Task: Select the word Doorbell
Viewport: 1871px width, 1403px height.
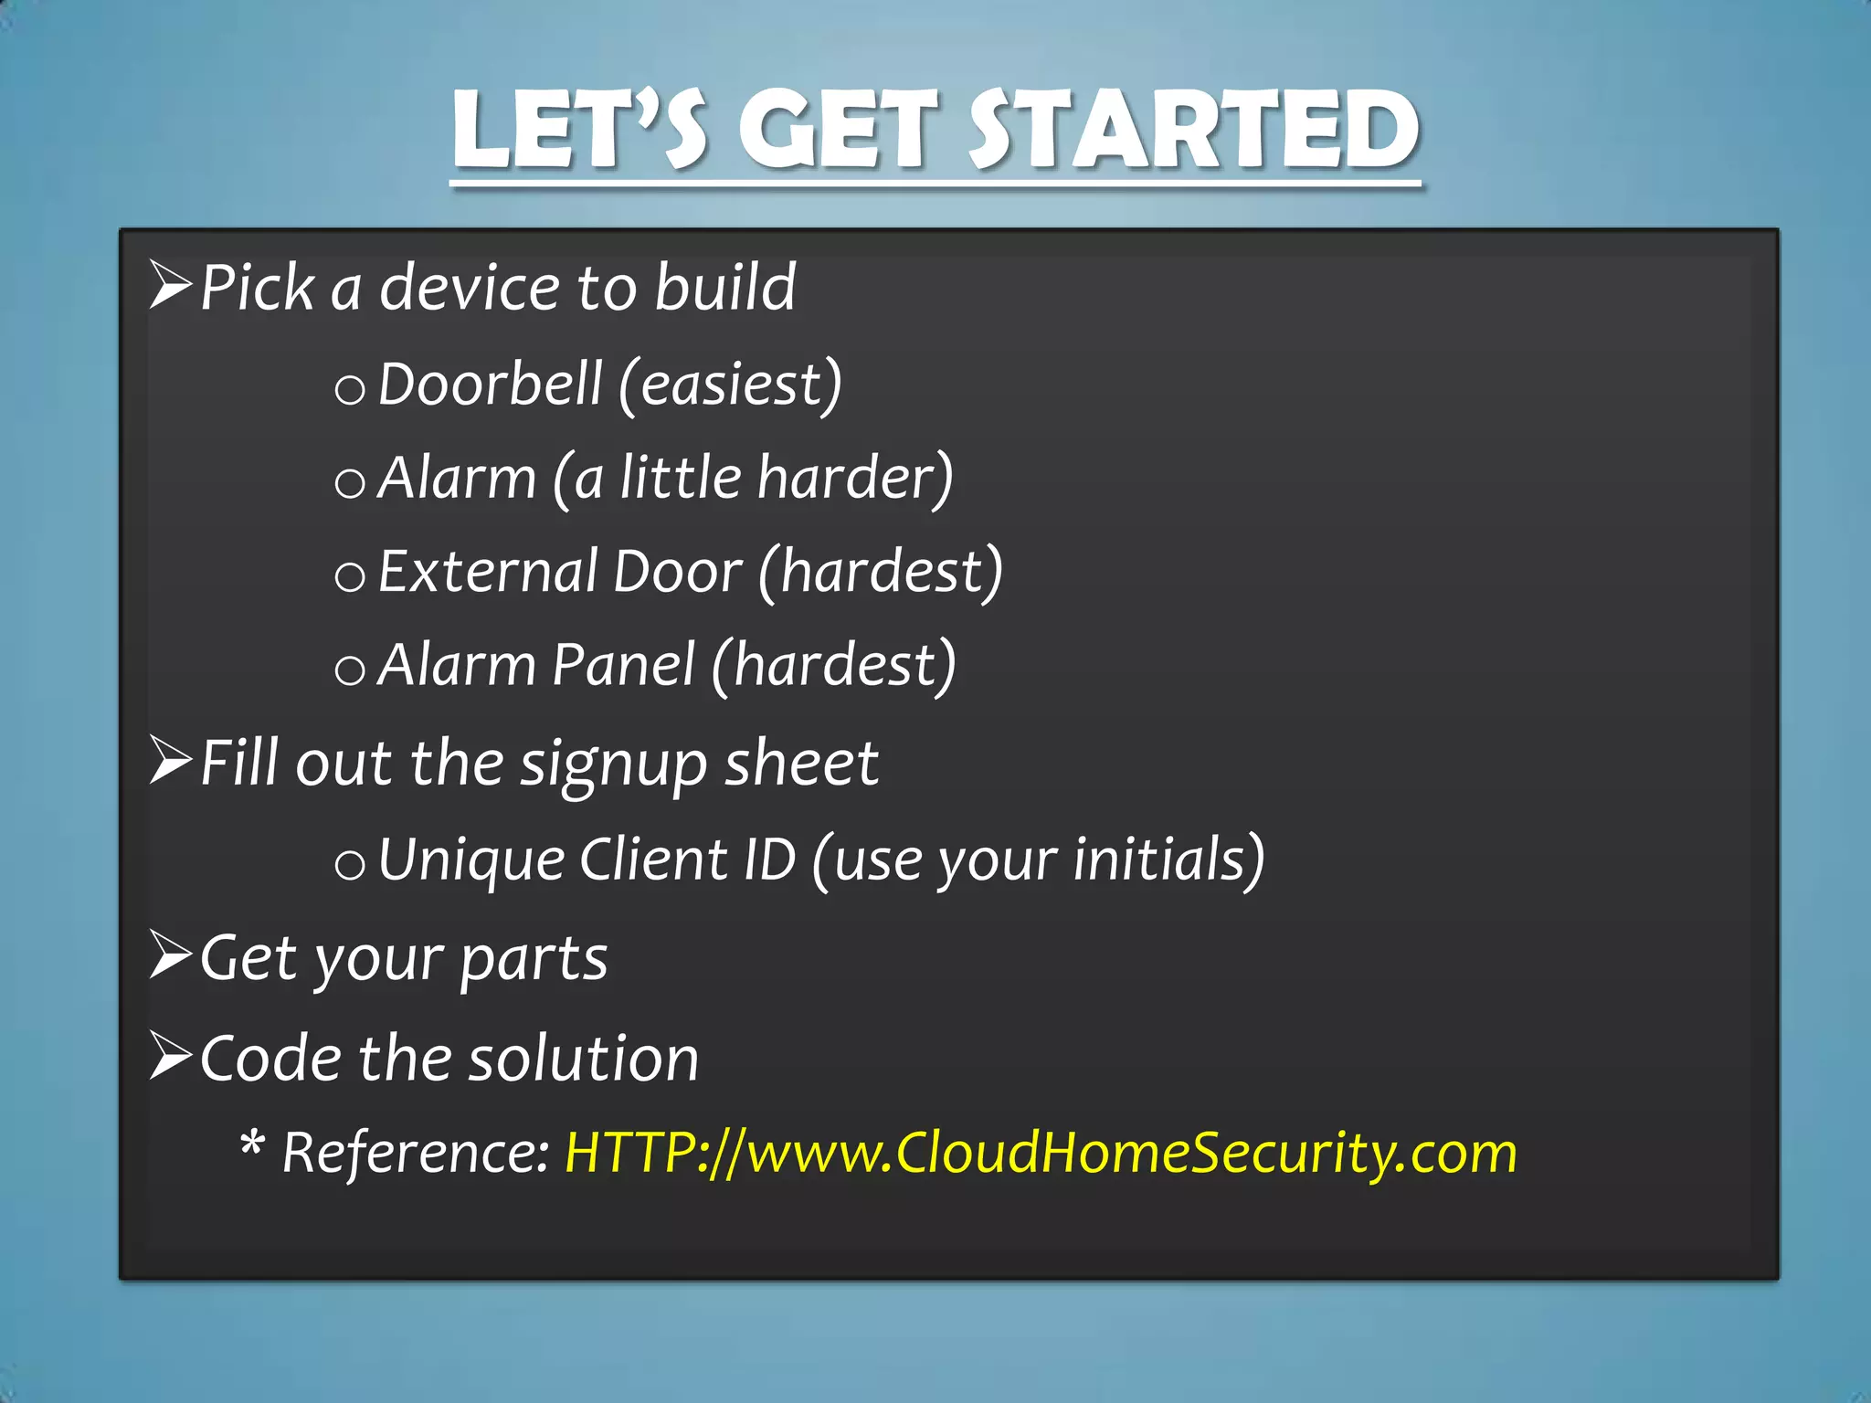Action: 490,384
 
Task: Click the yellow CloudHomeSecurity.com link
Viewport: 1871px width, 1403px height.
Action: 1041,1152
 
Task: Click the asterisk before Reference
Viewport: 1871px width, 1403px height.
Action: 252,1144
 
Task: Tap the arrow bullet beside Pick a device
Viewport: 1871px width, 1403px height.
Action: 171,285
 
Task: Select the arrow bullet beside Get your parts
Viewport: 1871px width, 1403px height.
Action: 171,955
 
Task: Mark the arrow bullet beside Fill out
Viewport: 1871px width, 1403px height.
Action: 171,760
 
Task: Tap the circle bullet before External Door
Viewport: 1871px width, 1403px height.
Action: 349,577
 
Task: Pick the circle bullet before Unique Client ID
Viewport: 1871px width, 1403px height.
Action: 349,864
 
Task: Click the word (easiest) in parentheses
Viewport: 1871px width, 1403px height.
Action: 730,384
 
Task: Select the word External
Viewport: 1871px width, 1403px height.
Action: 487,572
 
